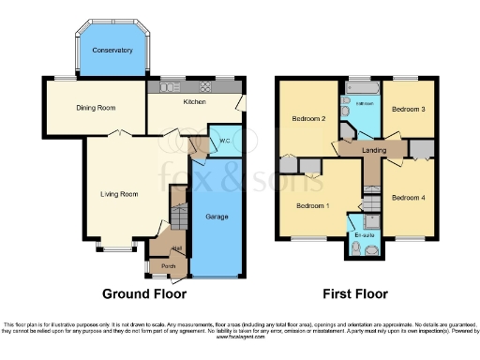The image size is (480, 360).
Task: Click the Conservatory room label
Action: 109,49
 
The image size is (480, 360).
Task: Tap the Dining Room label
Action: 96,108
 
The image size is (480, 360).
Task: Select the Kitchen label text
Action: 194,101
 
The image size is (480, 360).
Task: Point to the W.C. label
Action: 225,142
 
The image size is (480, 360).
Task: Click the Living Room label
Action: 120,195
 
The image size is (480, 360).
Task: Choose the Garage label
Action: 217,217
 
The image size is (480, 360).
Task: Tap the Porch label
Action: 169,266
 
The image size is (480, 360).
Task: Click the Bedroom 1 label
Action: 313,205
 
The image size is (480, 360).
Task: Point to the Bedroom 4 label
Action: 409,198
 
